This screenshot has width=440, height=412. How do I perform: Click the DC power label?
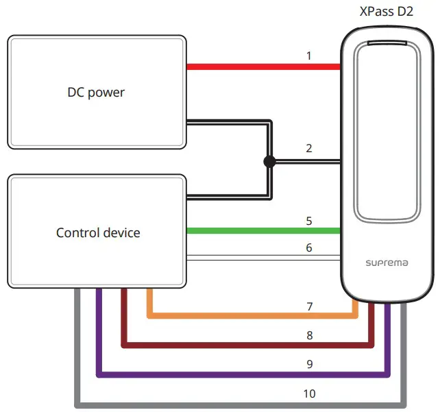tap(96, 93)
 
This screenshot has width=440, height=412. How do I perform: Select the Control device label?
tap(98, 232)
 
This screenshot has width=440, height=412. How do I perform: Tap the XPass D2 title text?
tap(387, 12)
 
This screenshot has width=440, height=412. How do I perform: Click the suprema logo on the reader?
tap(387, 263)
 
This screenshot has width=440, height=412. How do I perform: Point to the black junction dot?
tap(269, 161)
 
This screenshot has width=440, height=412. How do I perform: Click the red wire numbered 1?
tap(263, 66)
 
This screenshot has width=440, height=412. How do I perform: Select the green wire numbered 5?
tap(263, 231)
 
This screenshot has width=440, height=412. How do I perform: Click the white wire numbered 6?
tap(263, 258)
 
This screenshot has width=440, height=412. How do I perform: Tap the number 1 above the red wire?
tap(309, 56)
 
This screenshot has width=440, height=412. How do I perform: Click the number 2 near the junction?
tap(309, 148)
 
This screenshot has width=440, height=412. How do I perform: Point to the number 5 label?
tap(309, 221)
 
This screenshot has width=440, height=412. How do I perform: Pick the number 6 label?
tap(309, 248)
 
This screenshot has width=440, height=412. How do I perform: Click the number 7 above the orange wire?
tap(310, 306)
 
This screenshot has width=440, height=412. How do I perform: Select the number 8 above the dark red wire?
tap(310, 335)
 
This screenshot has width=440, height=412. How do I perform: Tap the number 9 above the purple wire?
tap(310, 364)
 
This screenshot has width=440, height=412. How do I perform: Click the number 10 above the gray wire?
tap(310, 393)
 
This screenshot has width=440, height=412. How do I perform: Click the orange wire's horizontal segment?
tap(252, 316)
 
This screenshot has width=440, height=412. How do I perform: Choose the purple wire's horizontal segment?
tap(243, 375)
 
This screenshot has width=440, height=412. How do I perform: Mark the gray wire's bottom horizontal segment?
tap(241, 405)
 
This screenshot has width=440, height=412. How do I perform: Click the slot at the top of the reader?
tap(387, 43)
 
